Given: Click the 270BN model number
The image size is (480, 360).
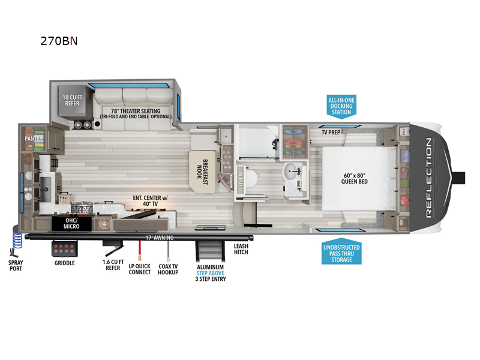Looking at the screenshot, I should point(59,41).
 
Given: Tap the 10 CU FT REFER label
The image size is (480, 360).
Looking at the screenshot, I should point(74,99).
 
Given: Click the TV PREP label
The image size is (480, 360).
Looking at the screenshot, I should point(331,131).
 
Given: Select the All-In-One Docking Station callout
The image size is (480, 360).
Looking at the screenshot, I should point(340,106).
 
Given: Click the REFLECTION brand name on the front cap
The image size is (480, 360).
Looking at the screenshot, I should point(428,177).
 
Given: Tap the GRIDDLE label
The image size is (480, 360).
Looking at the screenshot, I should point(64,263).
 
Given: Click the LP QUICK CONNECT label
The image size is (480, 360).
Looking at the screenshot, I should point(139,268).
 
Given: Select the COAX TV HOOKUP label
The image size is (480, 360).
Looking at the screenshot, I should point(168,268).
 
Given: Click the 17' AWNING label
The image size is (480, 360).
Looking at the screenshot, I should point(159,238).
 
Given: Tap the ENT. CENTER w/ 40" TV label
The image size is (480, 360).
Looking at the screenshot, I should point(153,199).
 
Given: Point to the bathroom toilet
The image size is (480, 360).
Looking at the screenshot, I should point(250,178).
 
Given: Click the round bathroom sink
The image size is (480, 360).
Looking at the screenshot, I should point(294,170).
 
